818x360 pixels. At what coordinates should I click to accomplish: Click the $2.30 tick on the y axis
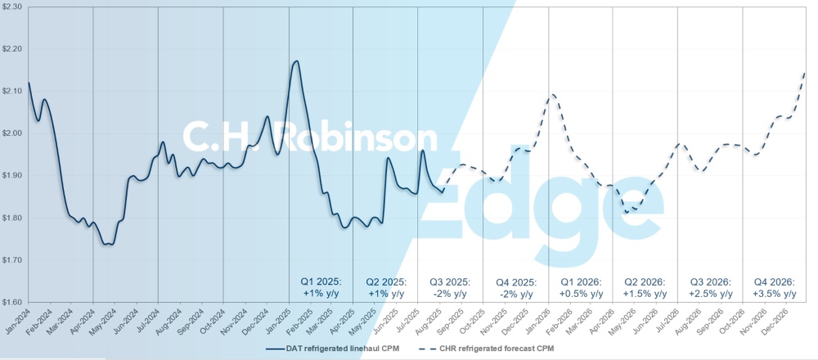click(14, 7)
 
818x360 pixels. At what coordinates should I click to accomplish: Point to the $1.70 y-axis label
click(14, 260)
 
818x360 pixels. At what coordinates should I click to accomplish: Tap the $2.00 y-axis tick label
click(14, 133)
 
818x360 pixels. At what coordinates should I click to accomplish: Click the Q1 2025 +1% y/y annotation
click(326, 287)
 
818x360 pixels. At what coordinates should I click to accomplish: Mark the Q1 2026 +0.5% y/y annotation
click(581, 287)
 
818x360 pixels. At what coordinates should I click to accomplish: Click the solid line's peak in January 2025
click(295, 61)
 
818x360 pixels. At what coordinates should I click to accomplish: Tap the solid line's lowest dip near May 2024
click(109, 244)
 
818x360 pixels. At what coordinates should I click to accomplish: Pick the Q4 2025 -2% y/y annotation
click(516, 287)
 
